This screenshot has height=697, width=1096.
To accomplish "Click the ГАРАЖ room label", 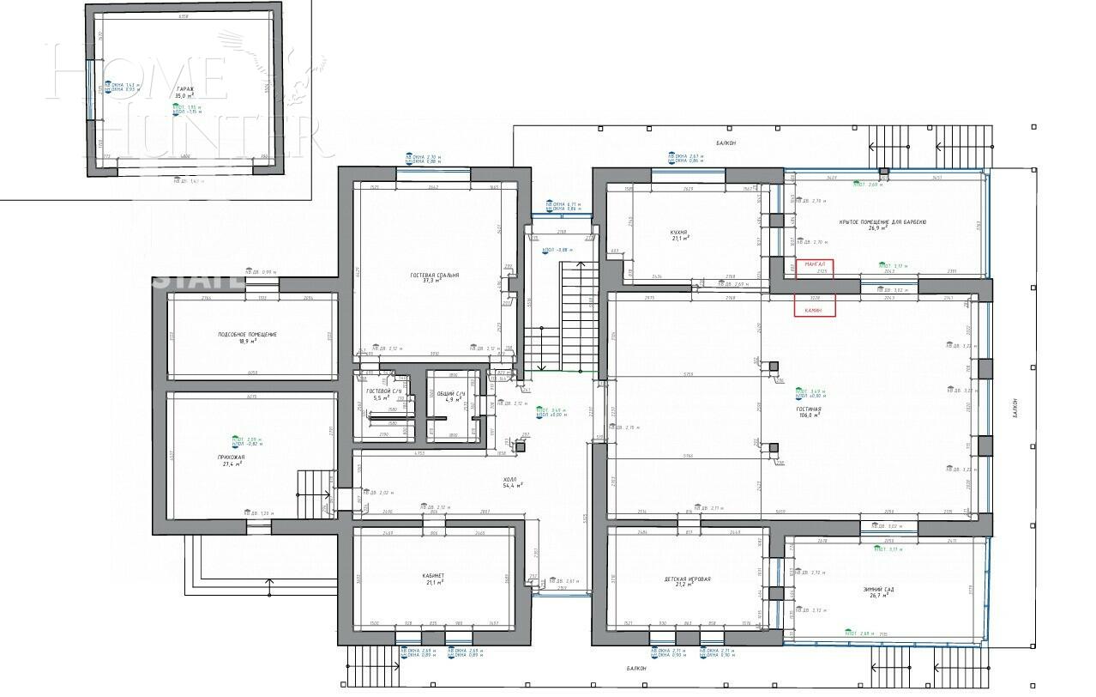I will pos(184,89).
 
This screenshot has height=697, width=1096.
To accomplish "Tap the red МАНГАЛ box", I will pos(815,264).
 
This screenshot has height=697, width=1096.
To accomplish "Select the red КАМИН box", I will pos(815,309).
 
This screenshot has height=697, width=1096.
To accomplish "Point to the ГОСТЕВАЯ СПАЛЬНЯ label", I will pos(434,276).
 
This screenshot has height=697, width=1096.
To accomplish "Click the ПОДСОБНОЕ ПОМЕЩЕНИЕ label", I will pos(247,334).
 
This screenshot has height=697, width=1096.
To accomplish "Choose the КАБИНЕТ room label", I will pos(432,576).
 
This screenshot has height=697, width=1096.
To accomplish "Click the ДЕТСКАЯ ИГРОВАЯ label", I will pos(687,579).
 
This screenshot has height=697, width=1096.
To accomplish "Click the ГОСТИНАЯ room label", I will pos(808,409).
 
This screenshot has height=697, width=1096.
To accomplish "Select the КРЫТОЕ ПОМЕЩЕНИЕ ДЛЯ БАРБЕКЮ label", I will pos(882,221).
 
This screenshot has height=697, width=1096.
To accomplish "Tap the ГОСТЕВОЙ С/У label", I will pos(378,391).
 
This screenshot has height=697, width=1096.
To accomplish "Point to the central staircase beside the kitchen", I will pos(566,318).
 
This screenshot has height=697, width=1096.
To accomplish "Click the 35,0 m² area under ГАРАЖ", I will pos(184,96).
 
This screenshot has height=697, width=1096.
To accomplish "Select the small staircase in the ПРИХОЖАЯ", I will pos(314,494).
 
